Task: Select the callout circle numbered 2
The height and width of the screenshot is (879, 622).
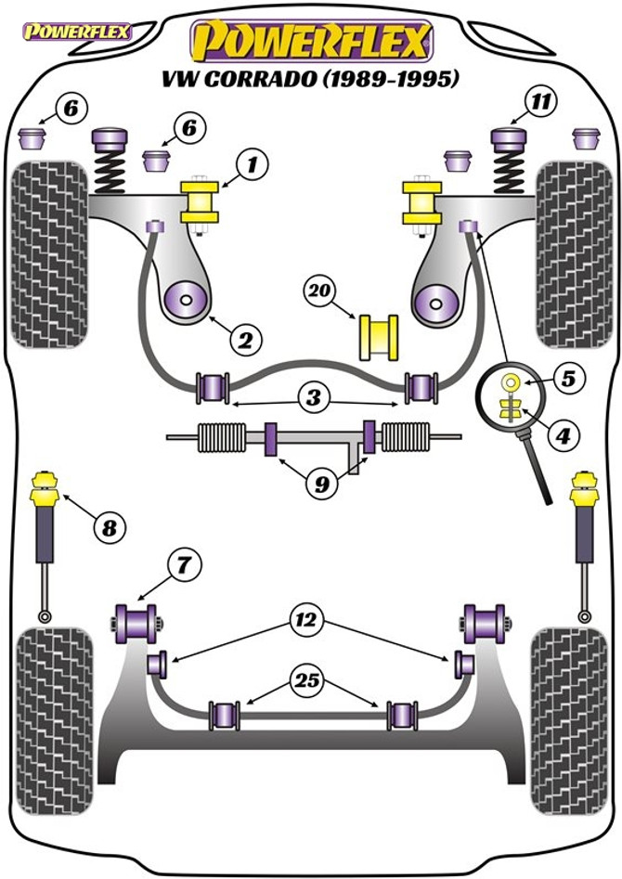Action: (246, 341)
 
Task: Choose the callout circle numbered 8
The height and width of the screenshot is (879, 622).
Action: (109, 529)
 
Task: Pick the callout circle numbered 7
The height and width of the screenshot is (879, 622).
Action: (182, 562)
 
